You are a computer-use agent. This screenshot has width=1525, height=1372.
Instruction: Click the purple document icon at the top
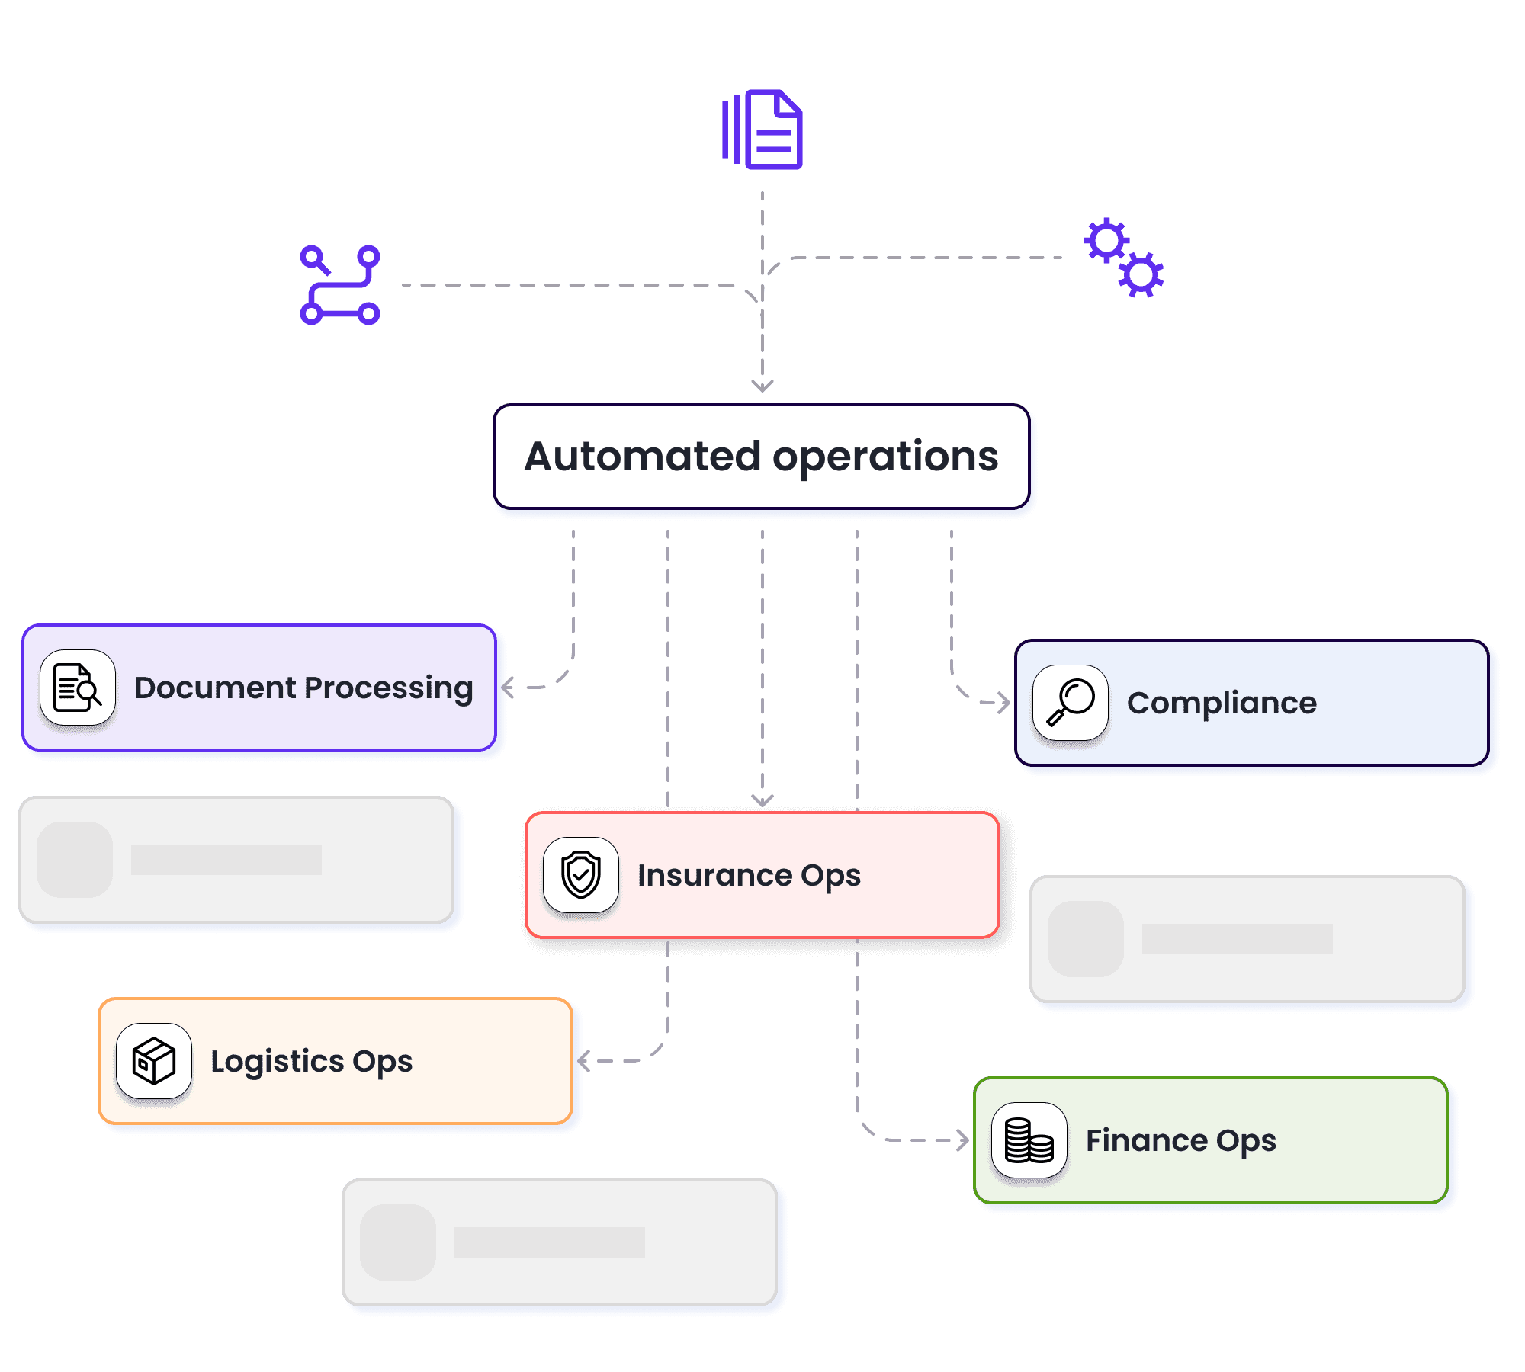coord(762,130)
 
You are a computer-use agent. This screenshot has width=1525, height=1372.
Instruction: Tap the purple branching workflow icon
coord(340,285)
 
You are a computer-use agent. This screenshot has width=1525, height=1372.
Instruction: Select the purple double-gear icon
coord(1124,258)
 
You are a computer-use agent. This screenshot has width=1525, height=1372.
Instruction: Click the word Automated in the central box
coord(643,456)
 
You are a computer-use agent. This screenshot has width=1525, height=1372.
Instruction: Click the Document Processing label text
coord(303,688)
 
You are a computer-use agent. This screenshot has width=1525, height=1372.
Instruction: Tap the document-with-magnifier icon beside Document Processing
coord(78,688)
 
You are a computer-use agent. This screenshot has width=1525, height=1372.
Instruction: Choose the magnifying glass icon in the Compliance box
coord(1071,703)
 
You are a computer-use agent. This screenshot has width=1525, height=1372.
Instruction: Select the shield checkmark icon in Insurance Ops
coord(581,875)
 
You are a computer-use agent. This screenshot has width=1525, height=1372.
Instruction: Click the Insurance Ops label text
coord(749,876)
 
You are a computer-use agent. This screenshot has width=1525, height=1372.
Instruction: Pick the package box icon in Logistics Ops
coord(154,1061)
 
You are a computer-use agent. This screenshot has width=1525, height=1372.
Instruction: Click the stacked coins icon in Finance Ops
coord(1029,1140)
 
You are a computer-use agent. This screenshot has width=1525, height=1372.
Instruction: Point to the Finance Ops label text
coord(1180,1141)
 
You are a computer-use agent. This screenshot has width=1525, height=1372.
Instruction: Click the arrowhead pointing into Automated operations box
coord(762,386)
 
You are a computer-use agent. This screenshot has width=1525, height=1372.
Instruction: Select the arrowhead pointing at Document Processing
coord(507,688)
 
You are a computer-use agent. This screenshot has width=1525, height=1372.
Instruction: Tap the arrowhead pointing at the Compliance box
coord(1004,703)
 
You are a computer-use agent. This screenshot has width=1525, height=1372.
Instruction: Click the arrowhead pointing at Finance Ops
coord(963,1140)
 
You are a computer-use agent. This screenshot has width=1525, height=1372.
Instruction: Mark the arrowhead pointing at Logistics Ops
coord(583,1061)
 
